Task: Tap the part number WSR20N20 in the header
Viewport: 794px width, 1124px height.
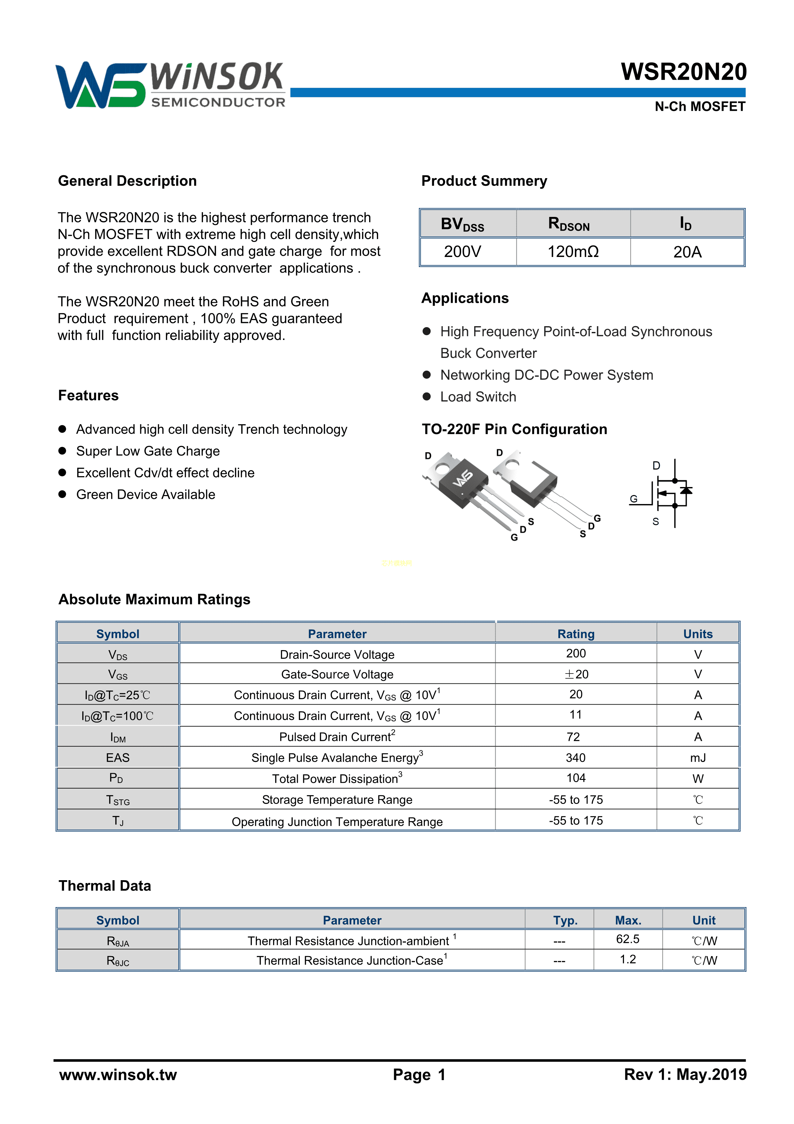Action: click(684, 72)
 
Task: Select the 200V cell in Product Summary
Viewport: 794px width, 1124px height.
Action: click(462, 252)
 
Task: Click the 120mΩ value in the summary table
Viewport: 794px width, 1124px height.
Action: click(573, 252)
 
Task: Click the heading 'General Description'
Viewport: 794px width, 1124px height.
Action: click(127, 181)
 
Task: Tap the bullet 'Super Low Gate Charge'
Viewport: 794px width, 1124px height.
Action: click(148, 451)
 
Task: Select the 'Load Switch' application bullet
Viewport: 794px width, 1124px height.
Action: click(478, 397)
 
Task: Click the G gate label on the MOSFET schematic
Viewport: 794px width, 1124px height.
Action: click(634, 499)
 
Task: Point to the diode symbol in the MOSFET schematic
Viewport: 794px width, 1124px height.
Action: click(686, 490)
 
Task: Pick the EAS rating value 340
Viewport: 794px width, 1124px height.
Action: click(575, 758)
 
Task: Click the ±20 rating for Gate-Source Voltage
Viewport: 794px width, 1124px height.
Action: click(576, 674)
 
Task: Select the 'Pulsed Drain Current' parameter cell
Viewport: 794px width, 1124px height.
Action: click(337, 737)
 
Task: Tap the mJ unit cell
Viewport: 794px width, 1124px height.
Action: click(698, 758)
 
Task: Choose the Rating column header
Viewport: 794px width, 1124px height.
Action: click(576, 634)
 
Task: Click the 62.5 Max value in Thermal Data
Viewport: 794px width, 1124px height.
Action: click(628, 939)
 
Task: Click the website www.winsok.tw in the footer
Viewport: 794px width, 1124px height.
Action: click(118, 1075)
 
